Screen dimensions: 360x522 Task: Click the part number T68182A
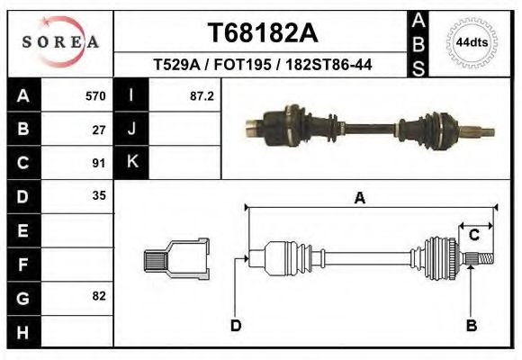(x=263, y=33)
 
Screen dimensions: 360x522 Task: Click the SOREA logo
(x=59, y=42)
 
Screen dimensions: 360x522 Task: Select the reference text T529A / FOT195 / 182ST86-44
(x=263, y=65)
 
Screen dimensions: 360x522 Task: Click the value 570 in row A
(x=95, y=95)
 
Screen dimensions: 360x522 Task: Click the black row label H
(x=22, y=330)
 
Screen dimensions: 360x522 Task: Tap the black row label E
(x=22, y=229)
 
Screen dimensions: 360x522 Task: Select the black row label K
(x=131, y=163)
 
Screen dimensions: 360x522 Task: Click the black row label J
(x=131, y=130)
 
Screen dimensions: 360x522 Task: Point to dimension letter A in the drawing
(x=359, y=199)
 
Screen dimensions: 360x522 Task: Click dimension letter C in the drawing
(x=473, y=236)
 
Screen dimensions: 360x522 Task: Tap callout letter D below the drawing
(x=236, y=325)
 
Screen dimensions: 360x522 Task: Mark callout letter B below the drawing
(x=471, y=325)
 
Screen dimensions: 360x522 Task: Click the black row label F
(x=22, y=263)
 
